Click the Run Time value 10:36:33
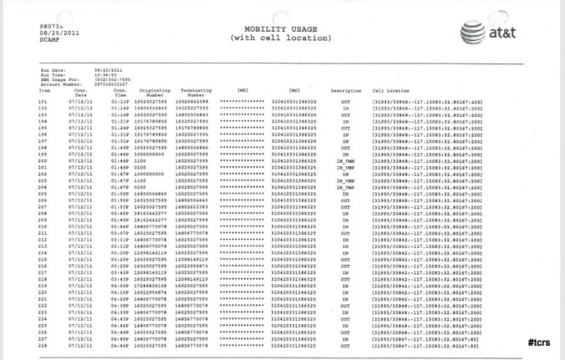pos(106,74)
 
